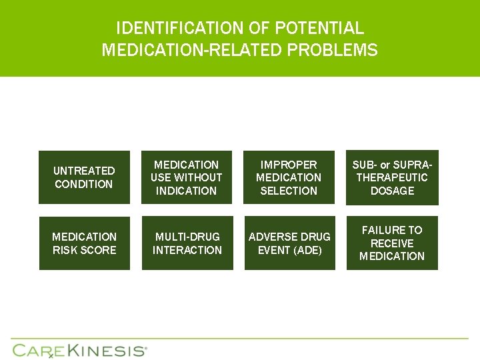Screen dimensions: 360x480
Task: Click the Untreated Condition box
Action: click(85, 177)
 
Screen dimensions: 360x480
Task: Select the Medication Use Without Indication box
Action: click(187, 177)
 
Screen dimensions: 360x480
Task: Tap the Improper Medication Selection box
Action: click(289, 177)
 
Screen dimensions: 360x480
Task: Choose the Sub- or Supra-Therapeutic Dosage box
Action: click(392, 177)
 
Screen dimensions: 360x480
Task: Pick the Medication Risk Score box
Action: click(85, 243)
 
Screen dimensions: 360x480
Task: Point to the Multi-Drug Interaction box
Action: click(187, 243)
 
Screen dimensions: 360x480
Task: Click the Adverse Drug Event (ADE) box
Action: click(289, 243)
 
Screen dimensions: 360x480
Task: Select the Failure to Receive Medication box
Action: click(392, 243)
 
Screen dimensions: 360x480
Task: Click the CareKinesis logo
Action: click(79, 350)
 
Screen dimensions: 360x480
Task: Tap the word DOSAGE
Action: click(392, 191)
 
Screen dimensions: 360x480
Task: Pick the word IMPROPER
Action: click(289, 165)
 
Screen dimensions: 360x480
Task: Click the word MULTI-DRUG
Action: click(187, 237)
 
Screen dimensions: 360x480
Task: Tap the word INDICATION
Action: click(187, 191)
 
